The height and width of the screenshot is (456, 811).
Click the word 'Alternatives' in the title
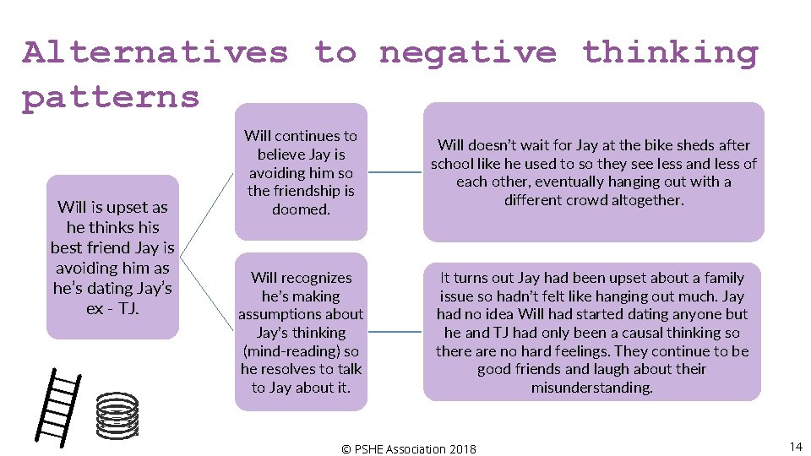pos(155,52)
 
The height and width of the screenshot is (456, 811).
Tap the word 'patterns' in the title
pos(111,97)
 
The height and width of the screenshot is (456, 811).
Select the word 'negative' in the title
pos(468,52)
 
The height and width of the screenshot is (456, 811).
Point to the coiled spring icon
pos(117,414)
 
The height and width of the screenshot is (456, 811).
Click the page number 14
pos(795,446)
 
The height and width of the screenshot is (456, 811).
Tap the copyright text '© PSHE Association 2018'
pos(408,449)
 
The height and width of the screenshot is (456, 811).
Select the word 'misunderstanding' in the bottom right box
pos(591,388)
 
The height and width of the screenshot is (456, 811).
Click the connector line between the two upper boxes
pos(395,172)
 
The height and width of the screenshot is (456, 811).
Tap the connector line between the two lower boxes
pos(395,332)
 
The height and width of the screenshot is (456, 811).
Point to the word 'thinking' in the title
pos(670,52)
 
